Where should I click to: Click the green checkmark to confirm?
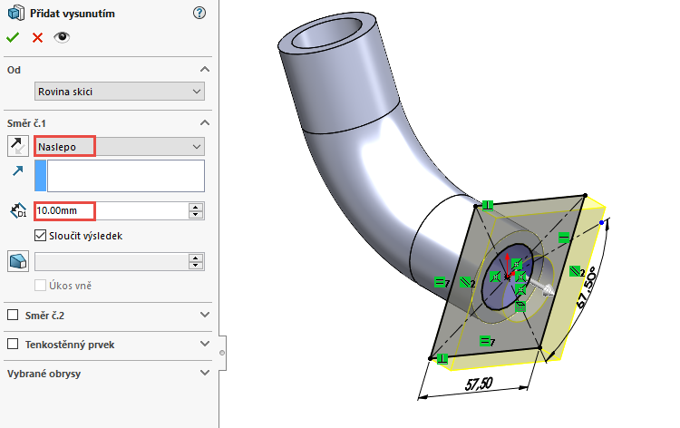[13, 37]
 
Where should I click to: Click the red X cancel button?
[37, 37]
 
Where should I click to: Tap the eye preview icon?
[62, 37]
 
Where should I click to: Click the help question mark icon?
[199, 13]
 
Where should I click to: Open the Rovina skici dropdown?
[119, 91]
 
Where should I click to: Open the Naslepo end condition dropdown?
[119, 146]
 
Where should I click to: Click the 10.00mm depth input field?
[109, 210]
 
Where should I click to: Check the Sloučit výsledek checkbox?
[40, 236]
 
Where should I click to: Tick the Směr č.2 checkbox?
[13, 315]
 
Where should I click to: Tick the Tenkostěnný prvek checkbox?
[13, 345]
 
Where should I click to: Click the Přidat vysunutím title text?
[72, 13]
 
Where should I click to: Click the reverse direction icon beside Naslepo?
[17, 146]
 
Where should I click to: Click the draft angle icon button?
[17, 261]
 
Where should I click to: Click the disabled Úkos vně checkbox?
[40, 286]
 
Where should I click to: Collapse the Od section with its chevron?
[204, 70]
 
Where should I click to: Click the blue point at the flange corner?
[602, 220]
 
